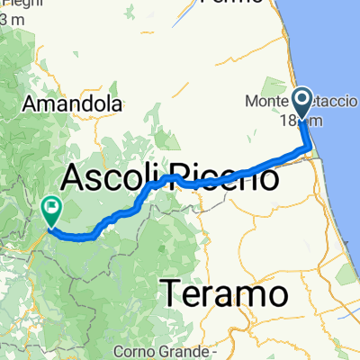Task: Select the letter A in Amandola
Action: [x=37, y=104]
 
